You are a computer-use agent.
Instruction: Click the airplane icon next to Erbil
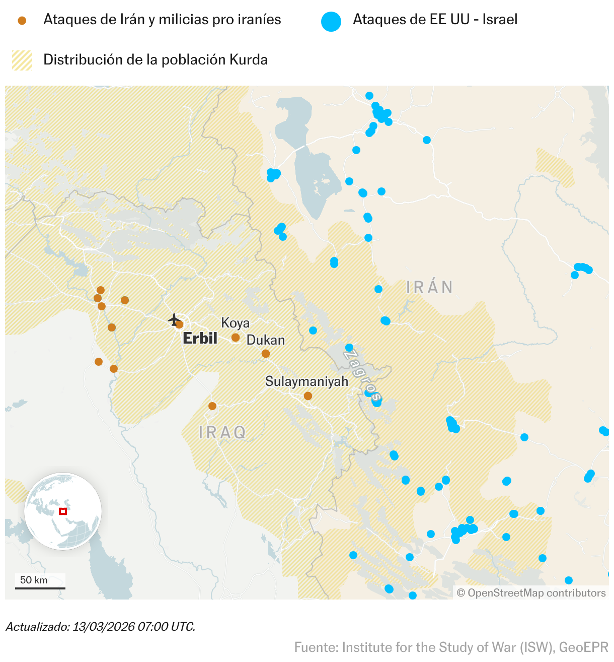174,319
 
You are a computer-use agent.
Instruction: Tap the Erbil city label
200,338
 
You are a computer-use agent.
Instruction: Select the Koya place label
235,322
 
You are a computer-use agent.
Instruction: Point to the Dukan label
266,340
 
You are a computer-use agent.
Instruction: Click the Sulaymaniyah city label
306,381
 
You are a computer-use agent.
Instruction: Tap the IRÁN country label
430,287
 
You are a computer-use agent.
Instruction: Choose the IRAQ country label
222,432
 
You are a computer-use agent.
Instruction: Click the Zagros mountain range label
362,373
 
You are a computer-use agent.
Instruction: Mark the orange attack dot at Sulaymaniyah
308,396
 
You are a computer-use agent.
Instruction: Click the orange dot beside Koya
236,338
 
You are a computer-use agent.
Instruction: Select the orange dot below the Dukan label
266,354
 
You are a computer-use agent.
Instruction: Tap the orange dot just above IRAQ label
212,406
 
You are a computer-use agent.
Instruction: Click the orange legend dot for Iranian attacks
22,21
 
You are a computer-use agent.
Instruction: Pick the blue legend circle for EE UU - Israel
331,21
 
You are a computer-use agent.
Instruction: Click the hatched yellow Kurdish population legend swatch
22,60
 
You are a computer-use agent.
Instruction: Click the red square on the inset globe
63,511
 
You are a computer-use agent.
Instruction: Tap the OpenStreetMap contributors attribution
531,593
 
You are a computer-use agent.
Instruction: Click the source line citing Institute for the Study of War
451,647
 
